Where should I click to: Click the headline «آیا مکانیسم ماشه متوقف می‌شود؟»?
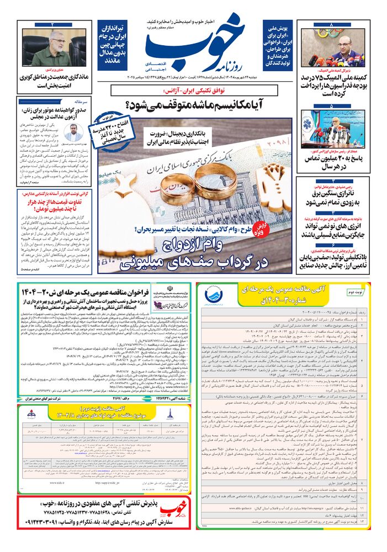coord(195,103)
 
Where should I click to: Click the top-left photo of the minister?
coord(52,48)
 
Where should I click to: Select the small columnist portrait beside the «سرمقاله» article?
coord(72,132)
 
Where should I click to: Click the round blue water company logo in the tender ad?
coord(212,295)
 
